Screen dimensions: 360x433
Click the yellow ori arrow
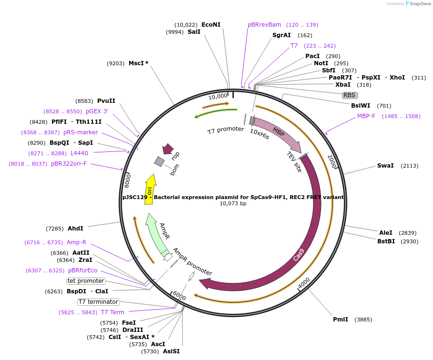click(x=150, y=190)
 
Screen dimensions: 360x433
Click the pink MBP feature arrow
click(x=279, y=133)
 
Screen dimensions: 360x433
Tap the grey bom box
click(x=159, y=162)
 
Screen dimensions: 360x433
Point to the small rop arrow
click(x=168, y=150)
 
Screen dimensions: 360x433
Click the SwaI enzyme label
click(x=385, y=166)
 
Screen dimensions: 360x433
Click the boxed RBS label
click(x=349, y=95)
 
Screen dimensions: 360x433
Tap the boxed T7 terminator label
click(x=99, y=302)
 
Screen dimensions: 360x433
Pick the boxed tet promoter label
click(x=86, y=281)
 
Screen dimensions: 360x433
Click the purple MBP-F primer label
click(x=366, y=116)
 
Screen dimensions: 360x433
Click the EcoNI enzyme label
click(x=211, y=24)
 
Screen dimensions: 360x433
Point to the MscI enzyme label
click(x=138, y=63)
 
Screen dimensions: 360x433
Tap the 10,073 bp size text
click(x=233, y=204)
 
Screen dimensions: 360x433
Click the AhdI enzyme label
click(x=75, y=229)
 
